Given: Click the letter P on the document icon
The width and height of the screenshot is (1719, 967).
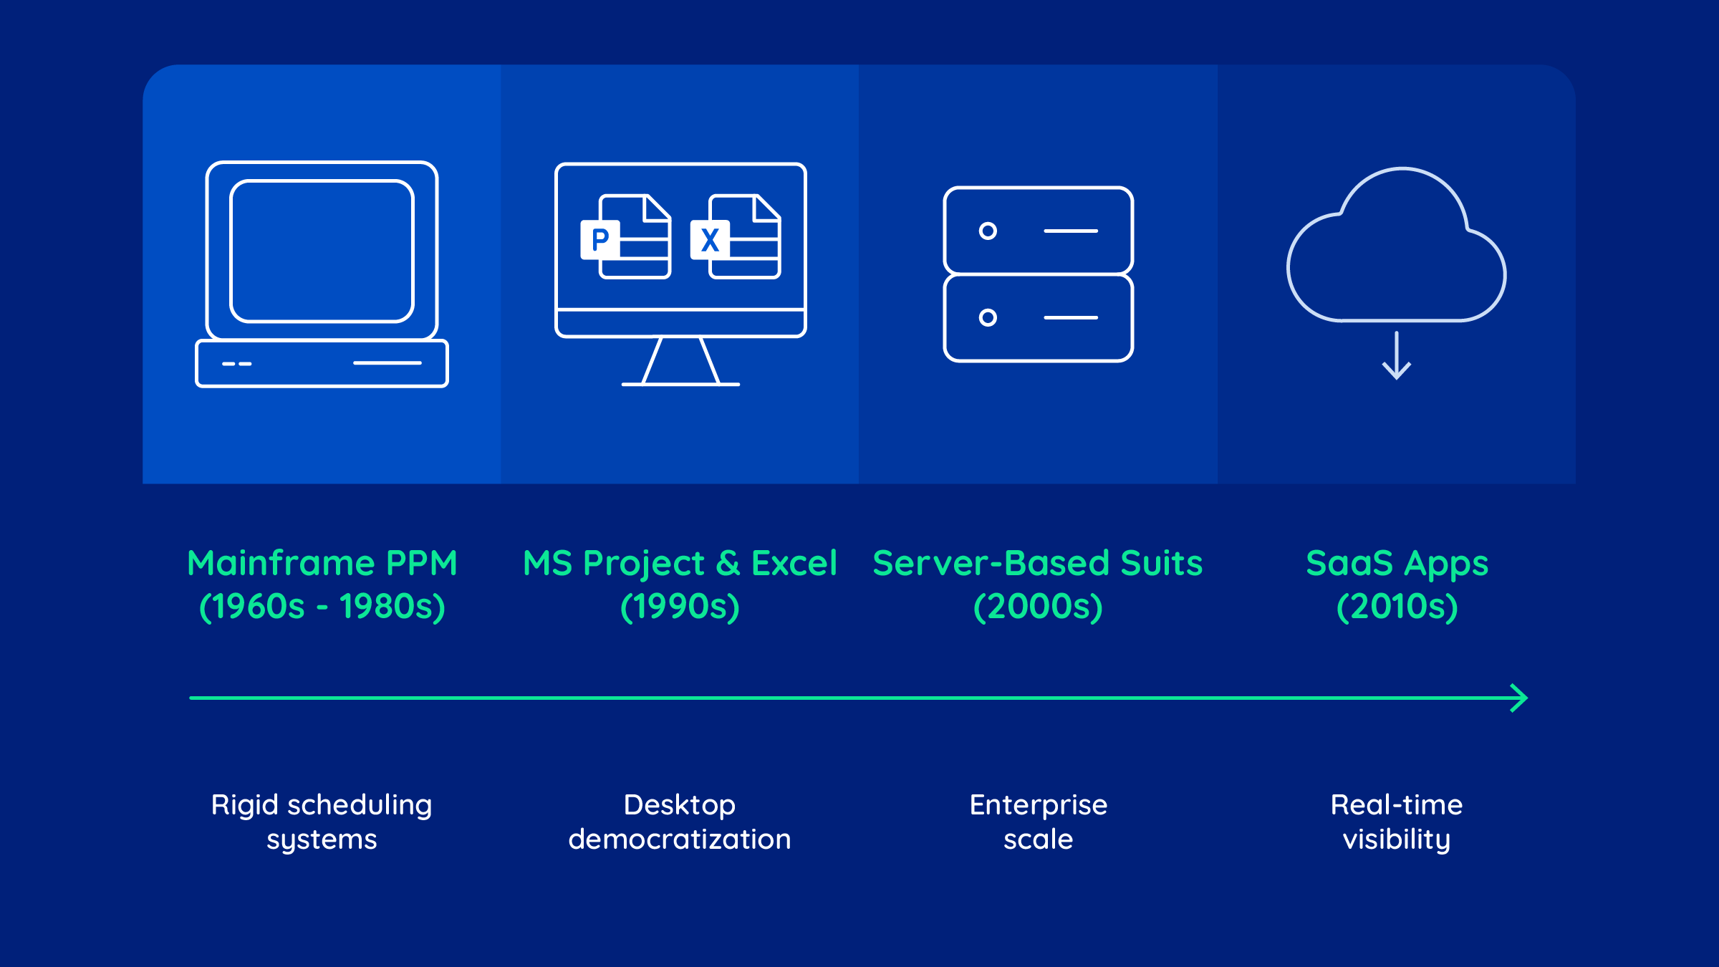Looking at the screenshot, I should [x=600, y=239].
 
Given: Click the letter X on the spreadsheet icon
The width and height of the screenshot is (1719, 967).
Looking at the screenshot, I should [x=710, y=240].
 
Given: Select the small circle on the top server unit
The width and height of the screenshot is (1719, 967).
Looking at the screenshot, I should [x=988, y=231].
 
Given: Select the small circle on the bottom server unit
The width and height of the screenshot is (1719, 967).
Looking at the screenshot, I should [x=988, y=317].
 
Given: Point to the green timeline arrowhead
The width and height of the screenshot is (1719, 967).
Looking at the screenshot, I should [x=1519, y=698].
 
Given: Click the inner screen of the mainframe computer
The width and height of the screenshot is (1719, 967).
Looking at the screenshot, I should [x=322, y=251].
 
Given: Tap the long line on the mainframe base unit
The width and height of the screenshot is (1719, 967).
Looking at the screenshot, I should [x=387, y=363].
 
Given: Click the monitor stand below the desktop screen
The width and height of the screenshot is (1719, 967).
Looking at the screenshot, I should [x=680, y=362].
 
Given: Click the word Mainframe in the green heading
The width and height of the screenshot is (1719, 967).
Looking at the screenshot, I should [x=281, y=563].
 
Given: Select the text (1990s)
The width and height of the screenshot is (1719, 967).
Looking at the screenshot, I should [x=680, y=607].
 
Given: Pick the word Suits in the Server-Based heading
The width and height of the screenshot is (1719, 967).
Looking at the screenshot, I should [x=1161, y=563].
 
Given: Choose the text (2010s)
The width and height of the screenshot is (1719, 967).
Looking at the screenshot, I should [x=1397, y=607].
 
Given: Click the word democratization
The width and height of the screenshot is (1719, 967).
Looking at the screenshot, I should [x=680, y=839].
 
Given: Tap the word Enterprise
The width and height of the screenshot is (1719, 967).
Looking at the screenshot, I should [x=1038, y=805].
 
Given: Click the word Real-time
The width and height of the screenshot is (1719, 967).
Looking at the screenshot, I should [x=1397, y=805].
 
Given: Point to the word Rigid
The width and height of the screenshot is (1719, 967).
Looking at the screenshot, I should [x=244, y=805].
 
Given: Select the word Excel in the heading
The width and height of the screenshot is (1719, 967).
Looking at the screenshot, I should [x=794, y=563].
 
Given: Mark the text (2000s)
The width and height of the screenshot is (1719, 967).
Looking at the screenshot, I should [x=1038, y=607].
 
